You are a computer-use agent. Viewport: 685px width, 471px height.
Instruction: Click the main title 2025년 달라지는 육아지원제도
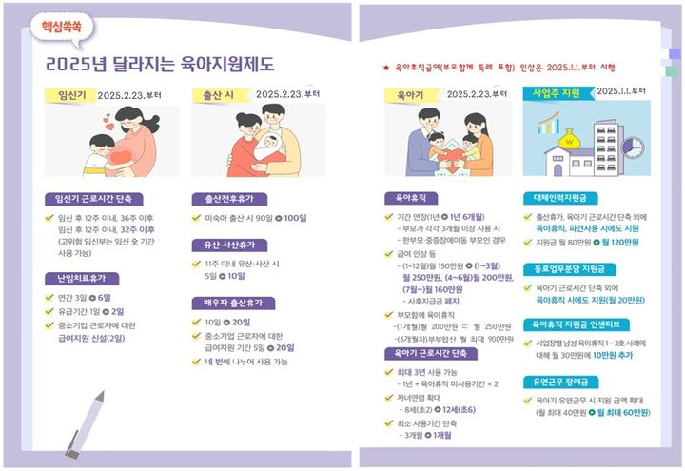160,65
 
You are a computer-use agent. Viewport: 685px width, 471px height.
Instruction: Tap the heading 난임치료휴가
79,279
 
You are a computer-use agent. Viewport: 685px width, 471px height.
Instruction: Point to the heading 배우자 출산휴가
232,303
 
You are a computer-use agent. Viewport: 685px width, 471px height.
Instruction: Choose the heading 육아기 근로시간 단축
431,353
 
